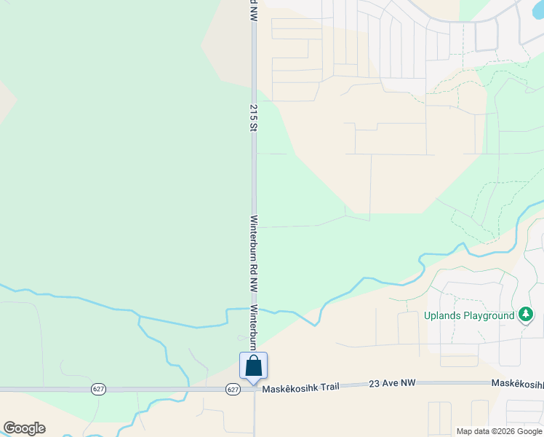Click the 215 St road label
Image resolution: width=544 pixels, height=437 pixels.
(x=254, y=117)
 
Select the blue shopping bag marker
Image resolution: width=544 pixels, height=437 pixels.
(x=253, y=365)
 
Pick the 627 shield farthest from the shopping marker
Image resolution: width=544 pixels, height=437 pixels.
(x=99, y=389)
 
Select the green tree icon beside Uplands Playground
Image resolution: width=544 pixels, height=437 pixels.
(x=526, y=315)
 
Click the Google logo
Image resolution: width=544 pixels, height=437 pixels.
(x=24, y=428)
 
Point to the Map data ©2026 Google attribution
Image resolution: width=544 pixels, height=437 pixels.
(x=499, y=431)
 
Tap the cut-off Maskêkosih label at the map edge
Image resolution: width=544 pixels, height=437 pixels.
(x=517, y=384)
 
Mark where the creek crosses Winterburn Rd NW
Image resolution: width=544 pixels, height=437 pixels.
(x=254, y=309)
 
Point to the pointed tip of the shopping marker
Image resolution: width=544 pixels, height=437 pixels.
(x=253, y=383)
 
